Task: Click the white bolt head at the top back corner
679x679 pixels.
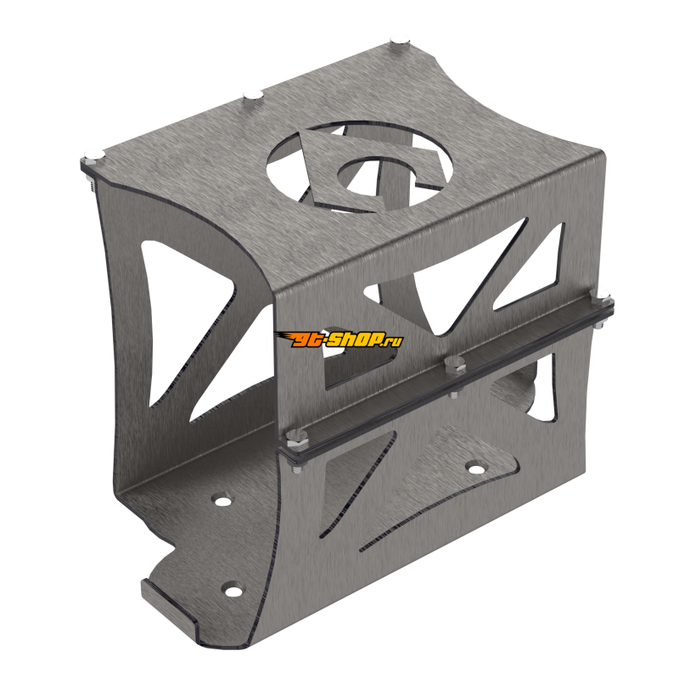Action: pos(400,38)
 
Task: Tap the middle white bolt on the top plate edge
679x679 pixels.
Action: pos(251,94)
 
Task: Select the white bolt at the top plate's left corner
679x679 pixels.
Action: pos(93,154)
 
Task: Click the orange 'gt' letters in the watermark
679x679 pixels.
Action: pos(299,339)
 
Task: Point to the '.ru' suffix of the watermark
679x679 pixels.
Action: pos(393,341)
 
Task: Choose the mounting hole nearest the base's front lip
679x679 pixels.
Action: pos(229,587)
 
